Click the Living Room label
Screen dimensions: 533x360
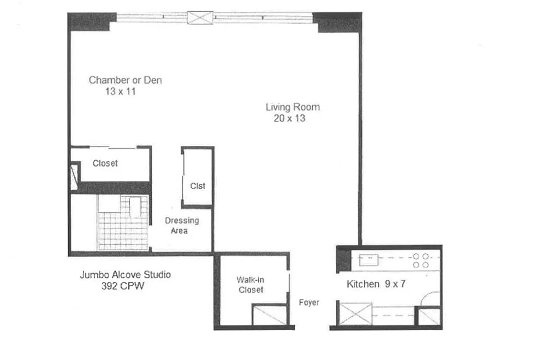coord(293,107)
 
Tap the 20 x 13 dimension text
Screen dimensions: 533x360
coord(289,118)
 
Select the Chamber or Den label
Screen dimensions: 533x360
coord(125,80)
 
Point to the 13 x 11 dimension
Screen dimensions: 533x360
coord(120,91)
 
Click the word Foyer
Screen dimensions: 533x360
coord(309,302)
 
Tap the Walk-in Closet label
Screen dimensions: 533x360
coord(251,284)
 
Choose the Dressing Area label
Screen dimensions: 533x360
coord(181,225)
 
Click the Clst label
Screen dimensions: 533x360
coord(198,186)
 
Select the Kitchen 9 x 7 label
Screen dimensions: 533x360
coord(376,284)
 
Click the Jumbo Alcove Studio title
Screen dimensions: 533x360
coord(125,274)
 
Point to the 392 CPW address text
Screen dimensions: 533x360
coord(122,286)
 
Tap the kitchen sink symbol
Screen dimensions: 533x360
coord(369,260)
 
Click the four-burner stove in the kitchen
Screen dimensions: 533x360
coord(420,261)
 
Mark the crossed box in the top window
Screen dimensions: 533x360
coord(200,18)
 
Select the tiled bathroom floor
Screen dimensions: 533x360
coord(123,223)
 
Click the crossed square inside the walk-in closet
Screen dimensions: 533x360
coord(270,315)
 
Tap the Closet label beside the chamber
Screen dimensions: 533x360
coord(105,163)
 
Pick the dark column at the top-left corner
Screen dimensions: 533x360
coord(89,22)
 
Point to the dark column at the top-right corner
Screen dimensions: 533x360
coord(337,22)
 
